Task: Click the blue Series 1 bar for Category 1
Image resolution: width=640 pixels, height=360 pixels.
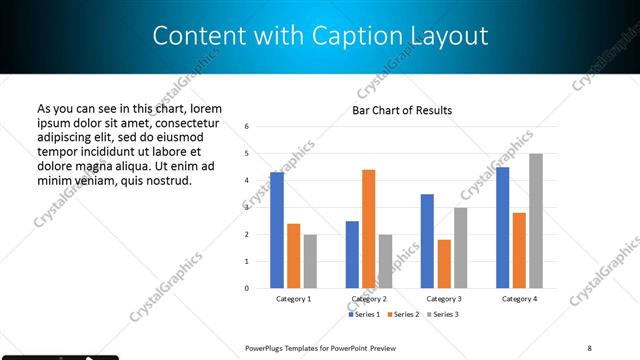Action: (x=277, y=230)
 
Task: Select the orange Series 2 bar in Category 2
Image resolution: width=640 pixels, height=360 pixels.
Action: (x=368, y=229)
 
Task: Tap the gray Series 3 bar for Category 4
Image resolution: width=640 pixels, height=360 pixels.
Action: (x=536, y=221)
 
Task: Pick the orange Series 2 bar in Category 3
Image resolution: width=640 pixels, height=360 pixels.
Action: (x=444, y=264)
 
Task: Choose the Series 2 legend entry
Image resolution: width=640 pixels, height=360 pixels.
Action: (x=402, y=315)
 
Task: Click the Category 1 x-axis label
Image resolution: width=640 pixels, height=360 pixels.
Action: (x=293, y=299)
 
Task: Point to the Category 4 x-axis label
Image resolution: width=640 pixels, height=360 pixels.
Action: (x=519, y=299)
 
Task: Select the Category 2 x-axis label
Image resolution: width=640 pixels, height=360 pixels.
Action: (x=369, y=299)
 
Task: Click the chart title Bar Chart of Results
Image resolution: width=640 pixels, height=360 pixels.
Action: (x=402, y=110)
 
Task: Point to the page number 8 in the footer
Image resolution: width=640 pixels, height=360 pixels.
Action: (x=589, y=347)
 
